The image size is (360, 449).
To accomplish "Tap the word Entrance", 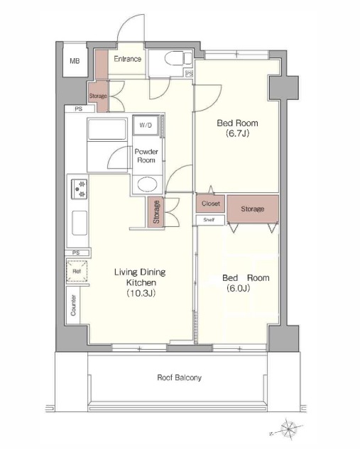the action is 128,59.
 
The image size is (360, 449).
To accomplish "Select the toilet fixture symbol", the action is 178,58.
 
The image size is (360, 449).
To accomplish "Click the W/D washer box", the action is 146,125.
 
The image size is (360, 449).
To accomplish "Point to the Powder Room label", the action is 146,156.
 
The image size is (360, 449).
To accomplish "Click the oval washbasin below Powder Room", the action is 147,184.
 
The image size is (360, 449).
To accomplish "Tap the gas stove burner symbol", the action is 79,189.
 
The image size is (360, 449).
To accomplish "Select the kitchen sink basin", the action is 79,223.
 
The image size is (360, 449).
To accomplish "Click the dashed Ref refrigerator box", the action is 77,271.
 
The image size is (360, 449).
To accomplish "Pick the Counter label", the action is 73,305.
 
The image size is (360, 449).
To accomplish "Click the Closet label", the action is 211,204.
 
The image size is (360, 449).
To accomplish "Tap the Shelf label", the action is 209,220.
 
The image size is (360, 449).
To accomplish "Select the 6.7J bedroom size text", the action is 237,133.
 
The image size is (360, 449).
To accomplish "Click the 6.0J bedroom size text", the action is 238,288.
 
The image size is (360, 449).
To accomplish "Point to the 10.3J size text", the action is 141,293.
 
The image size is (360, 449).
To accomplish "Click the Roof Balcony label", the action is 179,377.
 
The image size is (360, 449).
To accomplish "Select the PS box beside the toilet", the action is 189,74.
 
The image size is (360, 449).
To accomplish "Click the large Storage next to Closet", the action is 253,209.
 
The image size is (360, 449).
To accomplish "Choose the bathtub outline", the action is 107,129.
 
